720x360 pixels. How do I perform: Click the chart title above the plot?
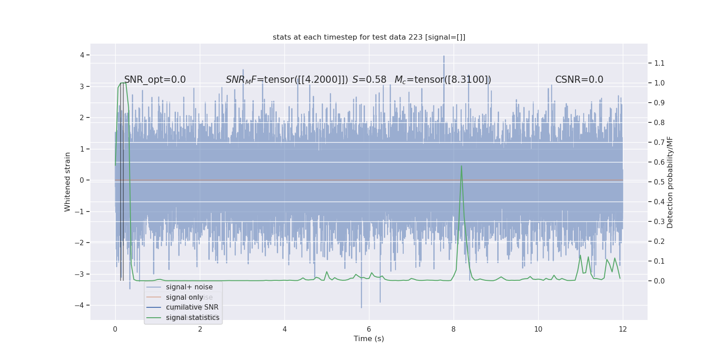click(369, 37)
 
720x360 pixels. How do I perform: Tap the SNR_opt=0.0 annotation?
click(155, 80)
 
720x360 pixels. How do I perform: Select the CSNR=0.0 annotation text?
click(579, 80)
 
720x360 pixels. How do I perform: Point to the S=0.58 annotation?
click(369, 80)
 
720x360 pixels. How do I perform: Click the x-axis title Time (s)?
click(369, 339)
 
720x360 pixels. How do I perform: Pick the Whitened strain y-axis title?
click(67, 182)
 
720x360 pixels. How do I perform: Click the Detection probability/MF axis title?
click(670, 182)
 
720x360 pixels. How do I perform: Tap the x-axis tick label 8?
click(454, 329)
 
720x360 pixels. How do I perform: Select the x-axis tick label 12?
click(623, 329)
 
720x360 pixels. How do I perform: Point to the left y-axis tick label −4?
click(81, 305)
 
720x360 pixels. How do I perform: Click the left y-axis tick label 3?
click(82, 86)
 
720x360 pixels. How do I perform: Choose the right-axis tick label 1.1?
click(659, 63)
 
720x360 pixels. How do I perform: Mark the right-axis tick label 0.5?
click(659, 182)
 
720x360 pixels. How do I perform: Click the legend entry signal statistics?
click(193, 318)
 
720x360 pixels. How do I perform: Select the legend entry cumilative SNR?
click(192, 307)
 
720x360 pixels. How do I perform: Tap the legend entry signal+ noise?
click(189, 287)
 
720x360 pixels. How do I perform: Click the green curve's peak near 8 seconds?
click(461, 166)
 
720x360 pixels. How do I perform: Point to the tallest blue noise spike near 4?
click(444, 56)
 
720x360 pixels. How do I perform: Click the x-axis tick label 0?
click(115, 329)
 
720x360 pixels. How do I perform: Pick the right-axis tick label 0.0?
click(659, 281)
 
